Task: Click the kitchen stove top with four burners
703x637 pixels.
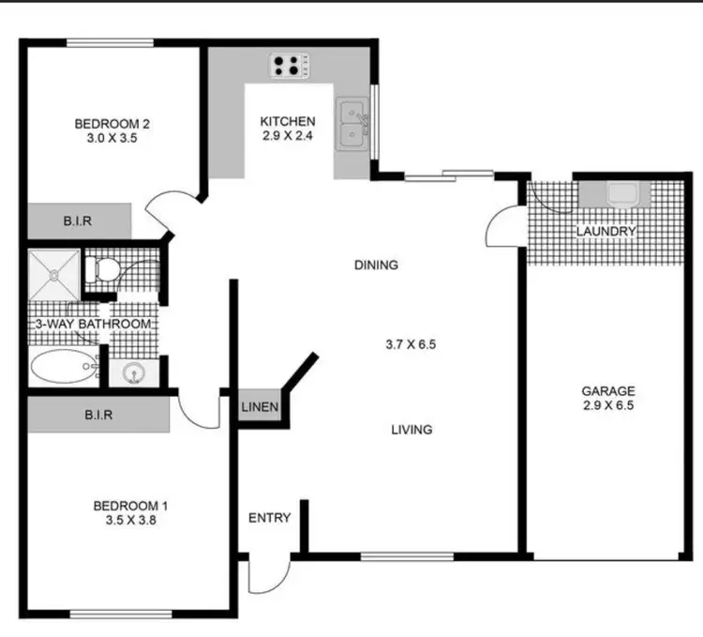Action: (290, 66)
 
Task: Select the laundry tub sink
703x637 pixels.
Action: (621, 194)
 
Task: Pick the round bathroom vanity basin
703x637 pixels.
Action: (134, 373)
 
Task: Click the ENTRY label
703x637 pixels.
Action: (269, 518)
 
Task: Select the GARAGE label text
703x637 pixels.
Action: (608, 391)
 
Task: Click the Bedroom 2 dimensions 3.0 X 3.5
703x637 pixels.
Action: (112, 138)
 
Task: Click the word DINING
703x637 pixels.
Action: (376, 265)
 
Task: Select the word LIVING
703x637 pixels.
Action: (411, 430)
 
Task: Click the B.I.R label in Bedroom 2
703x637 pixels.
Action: (76, 221)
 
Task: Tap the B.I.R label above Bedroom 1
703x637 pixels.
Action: (98, 413)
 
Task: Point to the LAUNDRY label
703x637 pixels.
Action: (606, 231)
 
